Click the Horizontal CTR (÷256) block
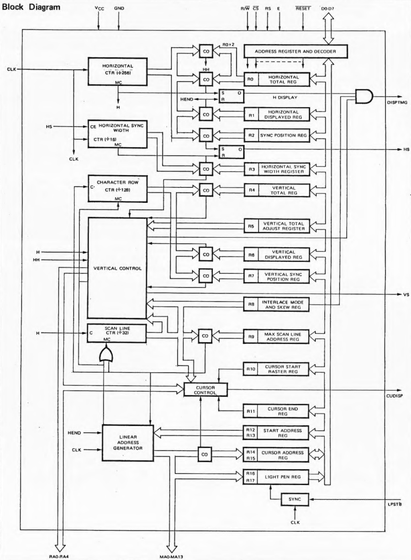click(117, 71)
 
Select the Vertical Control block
click(117, 268)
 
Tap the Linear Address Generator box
click(128, 443)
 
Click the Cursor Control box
click(205, 389)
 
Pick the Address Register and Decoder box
click(295, 52)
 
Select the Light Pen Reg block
click(276, 477)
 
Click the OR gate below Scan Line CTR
click(106, 354)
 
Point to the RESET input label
click(303, 9)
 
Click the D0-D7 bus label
click(328, 9)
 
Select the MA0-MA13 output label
click(171, 557)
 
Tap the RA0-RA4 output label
click(60, 557)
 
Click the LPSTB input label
click(395, 504)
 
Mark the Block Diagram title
click(31, 7)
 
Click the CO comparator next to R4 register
click(206, 191)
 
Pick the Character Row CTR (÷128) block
click(118, 188)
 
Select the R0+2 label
click(228, 45)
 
